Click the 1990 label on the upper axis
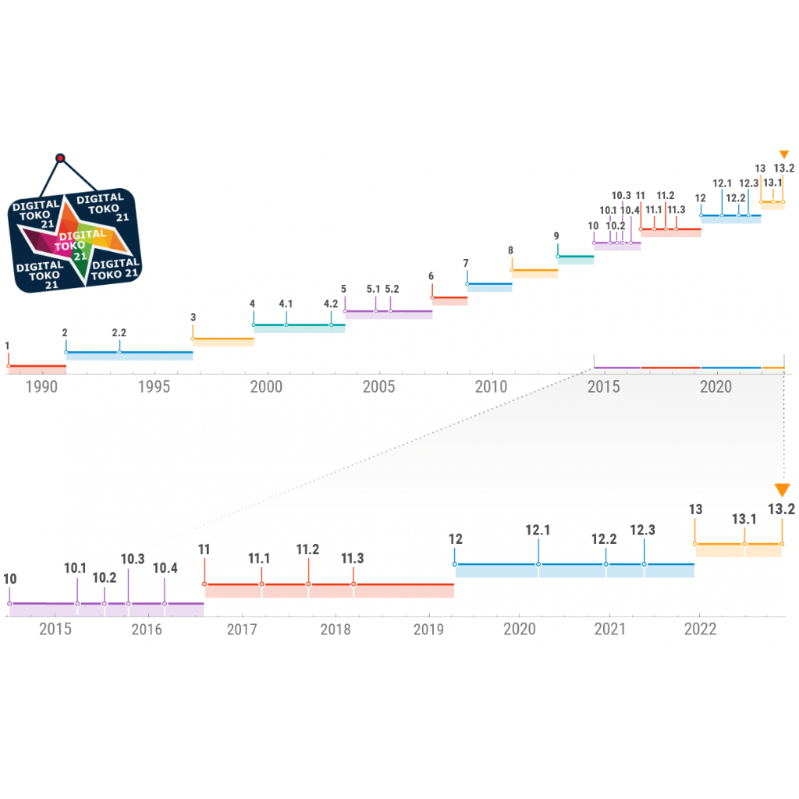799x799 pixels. pyautogui.click(x=41, y=387)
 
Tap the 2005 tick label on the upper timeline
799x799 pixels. pyautogui.click(x=378, y=387)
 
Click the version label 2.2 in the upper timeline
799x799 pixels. pyautogui.click(x=119, y=333)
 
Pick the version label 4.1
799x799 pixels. pyautogui.click(x=286, y=304)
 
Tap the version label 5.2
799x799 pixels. pyautogui.click(x=392, y=289)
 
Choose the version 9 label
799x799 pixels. pyautogui.click(x=556, y=236)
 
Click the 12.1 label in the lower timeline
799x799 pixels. pyautogui.click(x=538, y=531)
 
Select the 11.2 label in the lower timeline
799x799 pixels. pyautogui.click(x=307, y=549)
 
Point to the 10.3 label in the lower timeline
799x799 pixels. pyautogui.click(x=133, y=559)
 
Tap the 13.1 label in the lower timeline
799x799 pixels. pyautogui.click(x=744, y=519)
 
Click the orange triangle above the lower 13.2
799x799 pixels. pyautogui.click(x=782, y=490)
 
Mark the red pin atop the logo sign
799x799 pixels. pyautogui.click(x=60, y=158)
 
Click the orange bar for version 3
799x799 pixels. pyautogui.click(x=223, y=340)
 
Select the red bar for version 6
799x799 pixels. pyautogui.click(x=449, y=298)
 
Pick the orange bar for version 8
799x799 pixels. pyautogui.click(x=534, y=272)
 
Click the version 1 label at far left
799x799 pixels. pyautogui.click(x=7, y=345)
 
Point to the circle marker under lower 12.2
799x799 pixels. pyautogui.click(x=605, y=563)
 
